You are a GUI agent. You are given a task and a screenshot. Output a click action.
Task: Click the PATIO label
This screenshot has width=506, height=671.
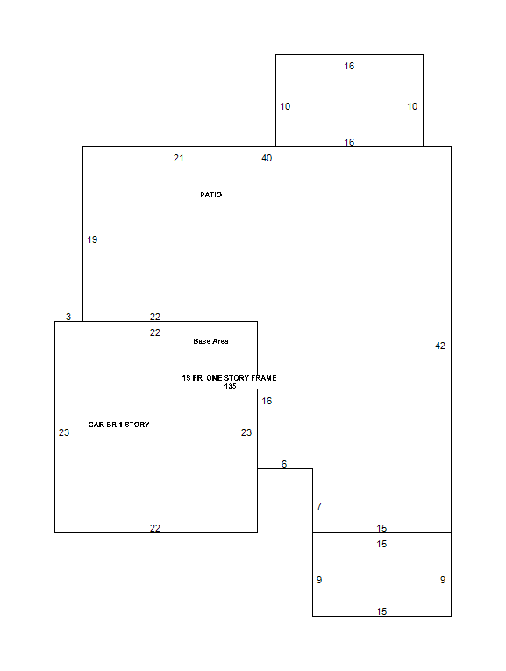click(x=210, y=195)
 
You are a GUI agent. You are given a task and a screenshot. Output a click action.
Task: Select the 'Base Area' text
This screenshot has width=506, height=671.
click(x=210, y=341)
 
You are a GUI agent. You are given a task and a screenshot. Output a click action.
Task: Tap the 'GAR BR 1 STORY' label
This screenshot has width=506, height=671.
click(x=118, y=425)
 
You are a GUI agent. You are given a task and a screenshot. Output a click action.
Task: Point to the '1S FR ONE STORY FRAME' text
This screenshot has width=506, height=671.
click(x=229, y=378)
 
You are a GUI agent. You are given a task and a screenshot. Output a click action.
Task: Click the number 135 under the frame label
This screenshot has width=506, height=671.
click(x=230, y=386)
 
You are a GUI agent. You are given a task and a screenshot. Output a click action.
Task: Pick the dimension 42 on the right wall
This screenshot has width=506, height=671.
click(x=440, y=346)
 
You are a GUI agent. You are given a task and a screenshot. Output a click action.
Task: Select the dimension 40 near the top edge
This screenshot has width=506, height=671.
click(x=267, y=159)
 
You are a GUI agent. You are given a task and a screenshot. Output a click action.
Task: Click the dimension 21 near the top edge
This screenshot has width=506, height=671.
click(x=178, y=159)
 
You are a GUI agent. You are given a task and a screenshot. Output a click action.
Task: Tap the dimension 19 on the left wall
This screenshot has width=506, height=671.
click(x=92, y=239)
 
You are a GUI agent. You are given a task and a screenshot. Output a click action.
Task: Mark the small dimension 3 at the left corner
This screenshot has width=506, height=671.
click(x=68, y=317)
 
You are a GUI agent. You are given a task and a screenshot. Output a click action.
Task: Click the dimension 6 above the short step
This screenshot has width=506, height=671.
click(x=284, y=464)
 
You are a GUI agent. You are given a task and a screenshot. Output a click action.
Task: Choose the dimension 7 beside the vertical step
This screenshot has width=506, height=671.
click(x=319, y=506)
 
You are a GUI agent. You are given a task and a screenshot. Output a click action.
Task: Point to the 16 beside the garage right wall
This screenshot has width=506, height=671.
click(x=267, y=401)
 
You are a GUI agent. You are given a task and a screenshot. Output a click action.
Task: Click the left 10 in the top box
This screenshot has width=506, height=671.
click(x=285, y=106)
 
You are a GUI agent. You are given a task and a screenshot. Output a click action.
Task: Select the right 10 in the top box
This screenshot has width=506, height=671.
click(x=412, y=106)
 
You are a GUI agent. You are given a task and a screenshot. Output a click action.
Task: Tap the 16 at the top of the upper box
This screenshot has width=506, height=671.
click(x=349, y=66)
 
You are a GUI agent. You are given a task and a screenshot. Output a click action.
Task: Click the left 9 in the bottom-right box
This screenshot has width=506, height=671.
click(x=319, y=580)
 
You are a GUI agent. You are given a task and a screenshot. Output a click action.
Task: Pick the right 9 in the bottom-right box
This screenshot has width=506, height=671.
click(x=443, y=580)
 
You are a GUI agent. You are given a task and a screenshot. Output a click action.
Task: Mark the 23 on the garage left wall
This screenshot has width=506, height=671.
click(x=64, y=432)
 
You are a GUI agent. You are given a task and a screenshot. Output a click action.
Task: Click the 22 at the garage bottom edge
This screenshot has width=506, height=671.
click(x=155, y=528)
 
